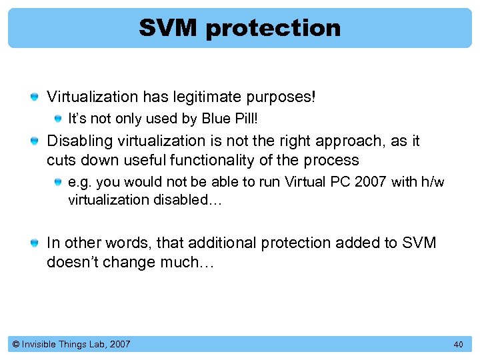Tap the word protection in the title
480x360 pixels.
click(273, 28)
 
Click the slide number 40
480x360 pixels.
click(458, 344)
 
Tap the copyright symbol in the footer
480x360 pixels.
click(15, 344)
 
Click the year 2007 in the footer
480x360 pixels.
click(120, 344)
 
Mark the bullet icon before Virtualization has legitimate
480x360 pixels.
click(34, 98)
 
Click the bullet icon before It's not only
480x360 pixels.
click(59, 119)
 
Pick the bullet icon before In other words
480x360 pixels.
click(34, 243)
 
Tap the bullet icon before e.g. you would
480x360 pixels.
click(59, 183)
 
